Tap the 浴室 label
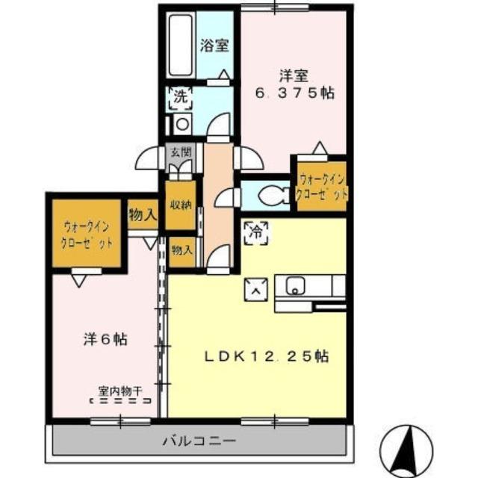pyautogui.click(x=214, y=45)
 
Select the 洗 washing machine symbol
pyautogui.click(x=181, y=96)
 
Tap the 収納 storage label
pyautogui.click(x=180, y=205)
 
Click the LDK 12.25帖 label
pyautogui.click(x=267, y=356)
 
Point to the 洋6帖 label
pyautogui.click(x=104, y=339)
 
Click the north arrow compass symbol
pyautogui.click(x=406, y=448)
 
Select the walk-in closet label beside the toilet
pyautogui.click(x=323, y=187)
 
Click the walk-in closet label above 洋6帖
pyautogui.click(x=88, y=235)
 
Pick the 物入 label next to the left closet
pyautogui.click(x=142, y=216)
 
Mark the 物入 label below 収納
pyautogui.click(x=181, y=249)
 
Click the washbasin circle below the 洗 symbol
pyautogui.click(x=181, y=123)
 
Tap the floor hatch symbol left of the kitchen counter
pyautogui.click(x=255, y=289)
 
